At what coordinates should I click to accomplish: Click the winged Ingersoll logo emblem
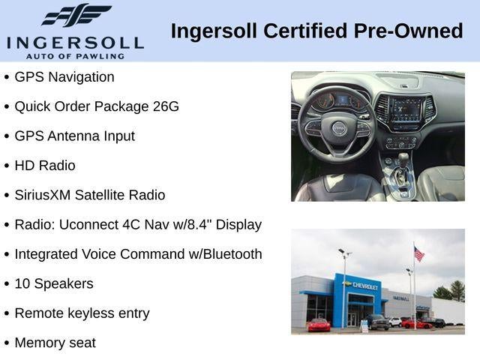pos(76,14)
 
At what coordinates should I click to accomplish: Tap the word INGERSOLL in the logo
pos(75,43)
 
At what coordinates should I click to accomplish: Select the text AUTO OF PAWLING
pos(75,56)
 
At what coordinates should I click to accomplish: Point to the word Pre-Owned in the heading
pos(408,31)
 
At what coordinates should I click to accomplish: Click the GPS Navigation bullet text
pos(64,77)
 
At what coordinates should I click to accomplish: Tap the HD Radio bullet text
pos(45,166)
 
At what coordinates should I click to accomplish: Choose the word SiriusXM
pos(43,195)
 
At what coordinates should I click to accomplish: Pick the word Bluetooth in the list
pos(232,254)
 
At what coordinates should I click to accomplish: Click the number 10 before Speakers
pos(22,283)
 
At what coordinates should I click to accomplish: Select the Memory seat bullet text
pos(55,343)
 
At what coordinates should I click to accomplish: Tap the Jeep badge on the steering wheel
pos(338,127)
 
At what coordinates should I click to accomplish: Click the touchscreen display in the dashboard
pos(406,109)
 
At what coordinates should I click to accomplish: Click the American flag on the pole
pos(418,254)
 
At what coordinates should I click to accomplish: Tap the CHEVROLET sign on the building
pos(365,286)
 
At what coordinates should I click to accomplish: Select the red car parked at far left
pos(319,325)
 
